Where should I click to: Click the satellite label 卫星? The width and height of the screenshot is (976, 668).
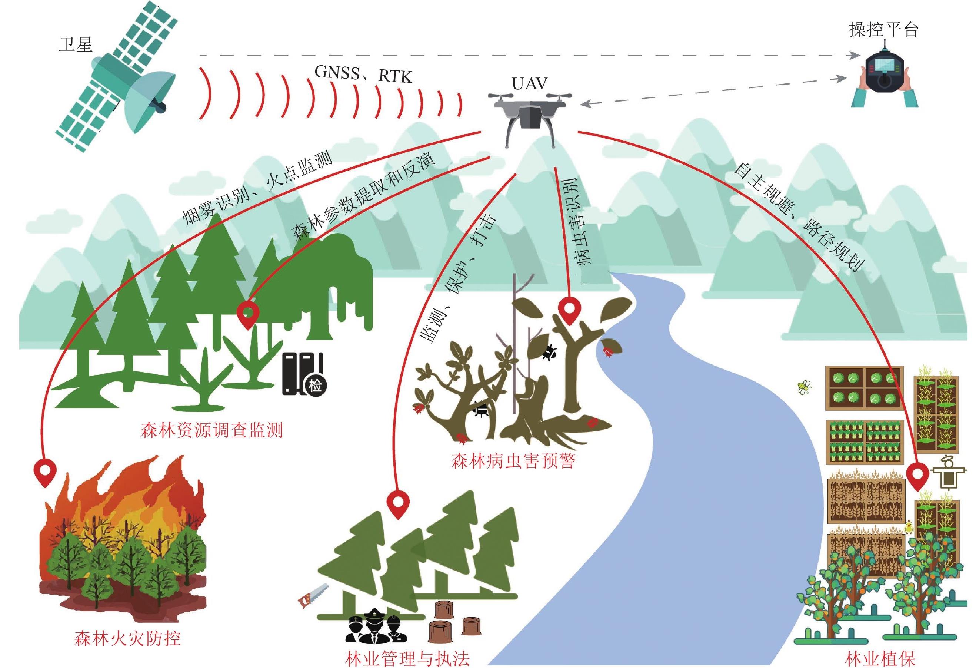(75, 43)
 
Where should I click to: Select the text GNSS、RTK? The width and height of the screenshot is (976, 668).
(363, 75)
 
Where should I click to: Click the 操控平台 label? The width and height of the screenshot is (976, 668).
(883, 29)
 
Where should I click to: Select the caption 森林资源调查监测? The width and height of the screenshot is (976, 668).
(211, 430)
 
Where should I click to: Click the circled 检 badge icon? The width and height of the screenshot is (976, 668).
(315, 385)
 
